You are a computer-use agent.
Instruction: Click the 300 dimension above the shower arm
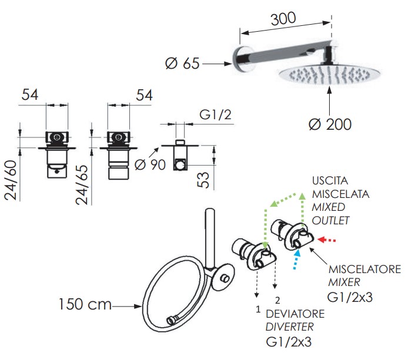(283, 18)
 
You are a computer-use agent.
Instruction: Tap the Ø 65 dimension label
(182, 63)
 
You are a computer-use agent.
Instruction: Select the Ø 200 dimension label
(330, 125)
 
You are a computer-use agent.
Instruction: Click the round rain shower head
(330, 75)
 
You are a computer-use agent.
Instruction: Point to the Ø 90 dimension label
(150, 164)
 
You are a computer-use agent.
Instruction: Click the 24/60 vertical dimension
(11, 180)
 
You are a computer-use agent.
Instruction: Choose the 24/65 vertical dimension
(82, 185)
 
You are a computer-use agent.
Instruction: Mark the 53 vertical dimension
(203, 180)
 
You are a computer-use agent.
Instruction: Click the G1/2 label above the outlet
(215, 115)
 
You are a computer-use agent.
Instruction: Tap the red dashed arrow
(326, 240)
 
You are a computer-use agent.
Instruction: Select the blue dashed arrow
(296, 258)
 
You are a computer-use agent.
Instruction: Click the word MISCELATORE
(364, 269)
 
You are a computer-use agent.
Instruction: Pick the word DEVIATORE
(295, 314)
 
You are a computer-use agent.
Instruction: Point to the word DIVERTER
(290, 327)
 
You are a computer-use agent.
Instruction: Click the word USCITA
(330, 180)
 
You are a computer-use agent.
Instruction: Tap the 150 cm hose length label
(85, 304)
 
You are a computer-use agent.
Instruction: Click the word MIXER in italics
(344, 282)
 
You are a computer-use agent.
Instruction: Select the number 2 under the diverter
(277, 300)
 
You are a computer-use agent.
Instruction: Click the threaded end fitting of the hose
(170, 321)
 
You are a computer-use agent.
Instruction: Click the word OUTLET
(330, 220)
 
